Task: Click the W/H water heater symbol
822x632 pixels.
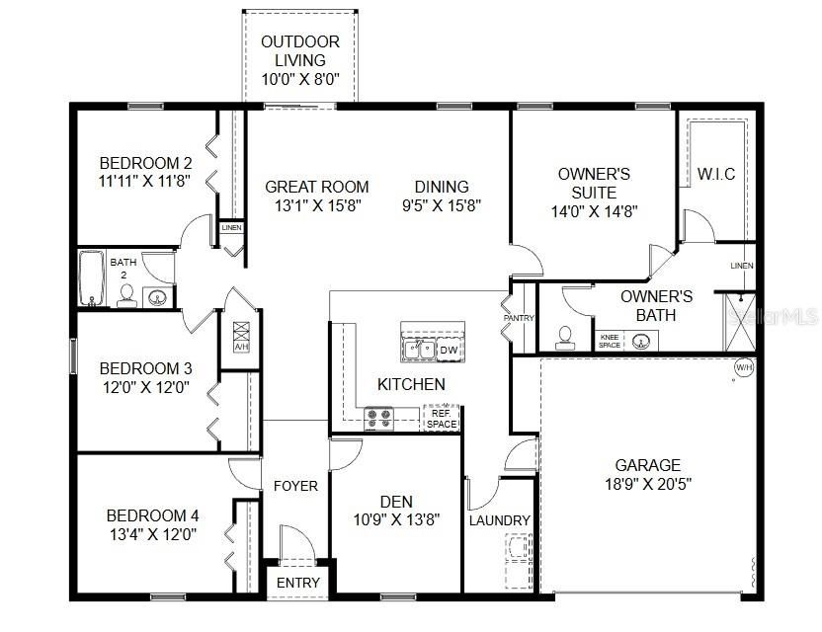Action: click(x=743, y=368)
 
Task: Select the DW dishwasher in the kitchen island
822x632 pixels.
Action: click(x=449, y=350)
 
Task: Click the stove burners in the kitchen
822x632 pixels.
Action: click(x=378, y=419)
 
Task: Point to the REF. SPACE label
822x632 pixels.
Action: click(x=442, y=419)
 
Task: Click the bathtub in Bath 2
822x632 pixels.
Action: click(x=91, y=279)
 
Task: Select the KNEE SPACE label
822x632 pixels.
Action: click(x=610, y=341)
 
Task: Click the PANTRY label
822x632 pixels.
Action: click(x=518, y=319)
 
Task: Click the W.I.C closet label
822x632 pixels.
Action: click(x=715, y=175)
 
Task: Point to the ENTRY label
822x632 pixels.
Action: click(x=297, y=583)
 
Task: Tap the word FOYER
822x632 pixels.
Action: click(x=295, y=486)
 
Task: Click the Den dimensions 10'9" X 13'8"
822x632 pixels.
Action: click(x=395, y=518)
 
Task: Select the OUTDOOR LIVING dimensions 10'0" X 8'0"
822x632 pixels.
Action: click(x=299, y=79)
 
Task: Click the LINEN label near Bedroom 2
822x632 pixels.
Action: click(x=231, y=228)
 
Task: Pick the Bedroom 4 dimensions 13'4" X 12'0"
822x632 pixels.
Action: click(x=152, y=534)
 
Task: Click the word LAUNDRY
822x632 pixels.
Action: click(x=499, y=520)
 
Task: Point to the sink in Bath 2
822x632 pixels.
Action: click(x=156, y=295)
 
